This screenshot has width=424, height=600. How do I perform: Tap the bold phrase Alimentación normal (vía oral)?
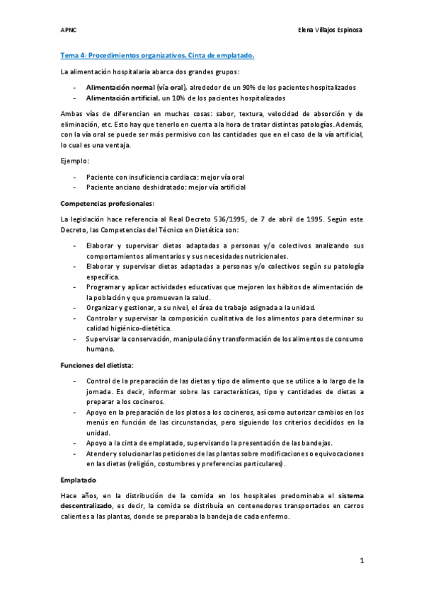[x=135, y=87]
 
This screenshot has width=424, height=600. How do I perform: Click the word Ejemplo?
[x=74, y=161]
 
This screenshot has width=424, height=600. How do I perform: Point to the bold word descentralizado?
[x=86, y=507]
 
